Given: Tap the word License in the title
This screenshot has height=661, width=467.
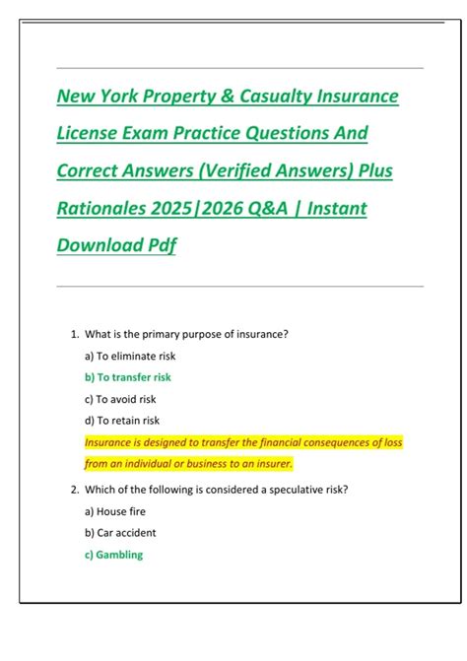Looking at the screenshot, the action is [92, 134].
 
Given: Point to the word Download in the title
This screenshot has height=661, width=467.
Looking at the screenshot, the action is [100, 246].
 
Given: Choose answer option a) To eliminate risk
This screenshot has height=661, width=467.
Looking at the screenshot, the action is [129, 356].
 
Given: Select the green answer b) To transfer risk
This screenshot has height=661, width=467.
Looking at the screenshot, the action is [129, 377].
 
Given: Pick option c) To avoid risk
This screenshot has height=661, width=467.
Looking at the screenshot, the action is [120, 399].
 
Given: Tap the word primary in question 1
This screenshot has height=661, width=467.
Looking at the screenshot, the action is [159, 334].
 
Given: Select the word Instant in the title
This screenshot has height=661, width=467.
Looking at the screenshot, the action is [331, 209].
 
